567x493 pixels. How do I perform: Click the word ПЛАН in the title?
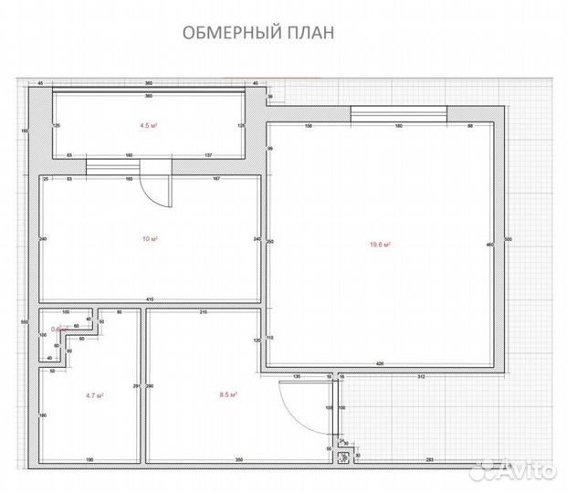tap(309, 33)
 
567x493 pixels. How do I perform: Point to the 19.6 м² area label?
tap(381, 245)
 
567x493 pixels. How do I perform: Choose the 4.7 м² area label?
tap(93, 395)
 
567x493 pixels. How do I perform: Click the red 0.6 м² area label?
tap(58, 330)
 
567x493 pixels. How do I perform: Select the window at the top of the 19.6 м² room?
tap(398, 114)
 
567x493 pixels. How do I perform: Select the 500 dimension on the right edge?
tap(509, 239)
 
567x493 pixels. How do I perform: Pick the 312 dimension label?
tap(422, 375)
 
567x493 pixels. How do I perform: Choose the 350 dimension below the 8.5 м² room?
tap(239, 458)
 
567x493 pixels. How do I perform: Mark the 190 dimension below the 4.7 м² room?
tap(89, 458)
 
